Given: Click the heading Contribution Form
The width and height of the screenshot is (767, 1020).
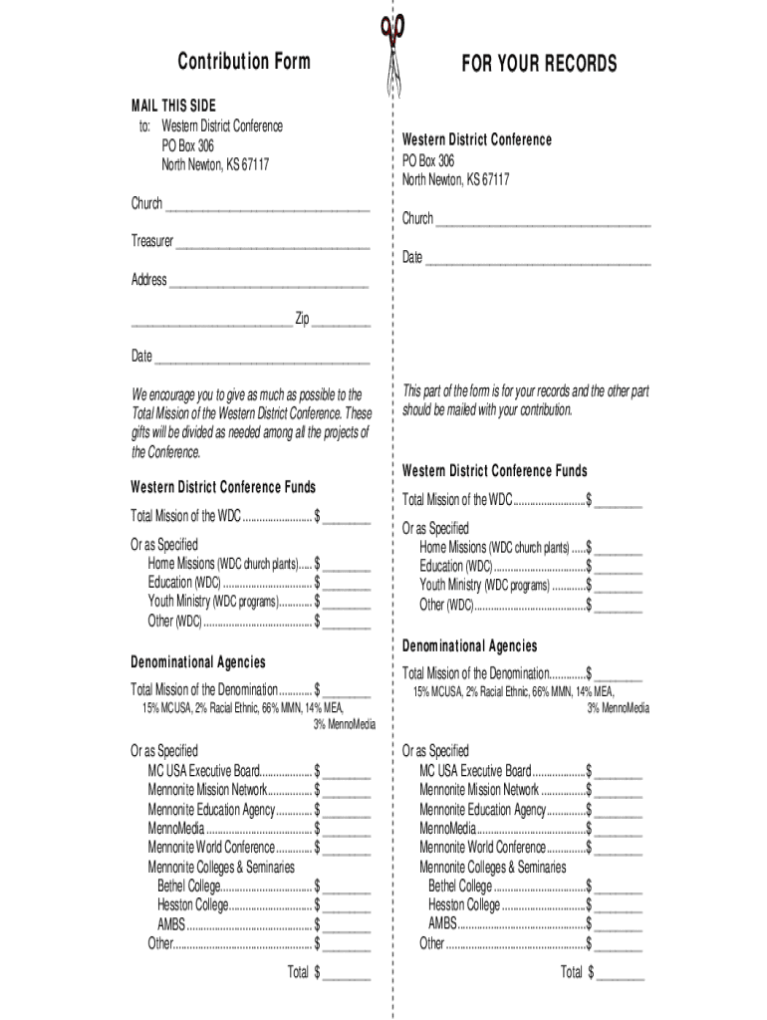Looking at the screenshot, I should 244,62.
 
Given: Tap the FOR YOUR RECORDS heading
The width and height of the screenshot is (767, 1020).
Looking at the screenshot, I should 539,65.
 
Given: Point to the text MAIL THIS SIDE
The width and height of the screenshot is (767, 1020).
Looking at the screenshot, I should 173,106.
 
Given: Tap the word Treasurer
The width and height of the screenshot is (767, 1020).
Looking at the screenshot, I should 152,241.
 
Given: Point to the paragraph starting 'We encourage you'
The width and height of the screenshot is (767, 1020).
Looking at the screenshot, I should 252,423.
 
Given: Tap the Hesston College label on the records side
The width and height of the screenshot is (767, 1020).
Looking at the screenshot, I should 464,904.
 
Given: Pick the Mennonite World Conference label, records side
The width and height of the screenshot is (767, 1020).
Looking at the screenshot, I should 482,847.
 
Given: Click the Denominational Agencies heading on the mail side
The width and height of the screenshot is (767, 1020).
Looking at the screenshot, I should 198,662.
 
